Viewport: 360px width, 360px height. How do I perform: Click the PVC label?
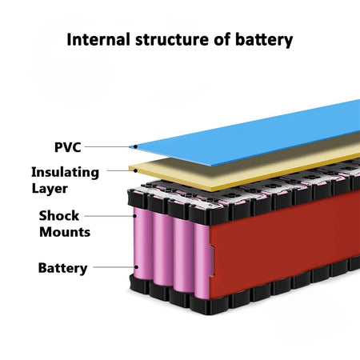tap(67, 147)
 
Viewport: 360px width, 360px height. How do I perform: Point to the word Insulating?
tap(65, 172)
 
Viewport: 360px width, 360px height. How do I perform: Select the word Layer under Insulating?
tap(50, 189)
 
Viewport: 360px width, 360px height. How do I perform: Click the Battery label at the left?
tap(62, 268)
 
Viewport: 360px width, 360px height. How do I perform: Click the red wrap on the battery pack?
tap(280, 240)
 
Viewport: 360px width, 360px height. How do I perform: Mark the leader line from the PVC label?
tap(109, 147)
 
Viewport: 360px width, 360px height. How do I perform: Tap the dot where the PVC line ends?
tap(135, 147)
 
